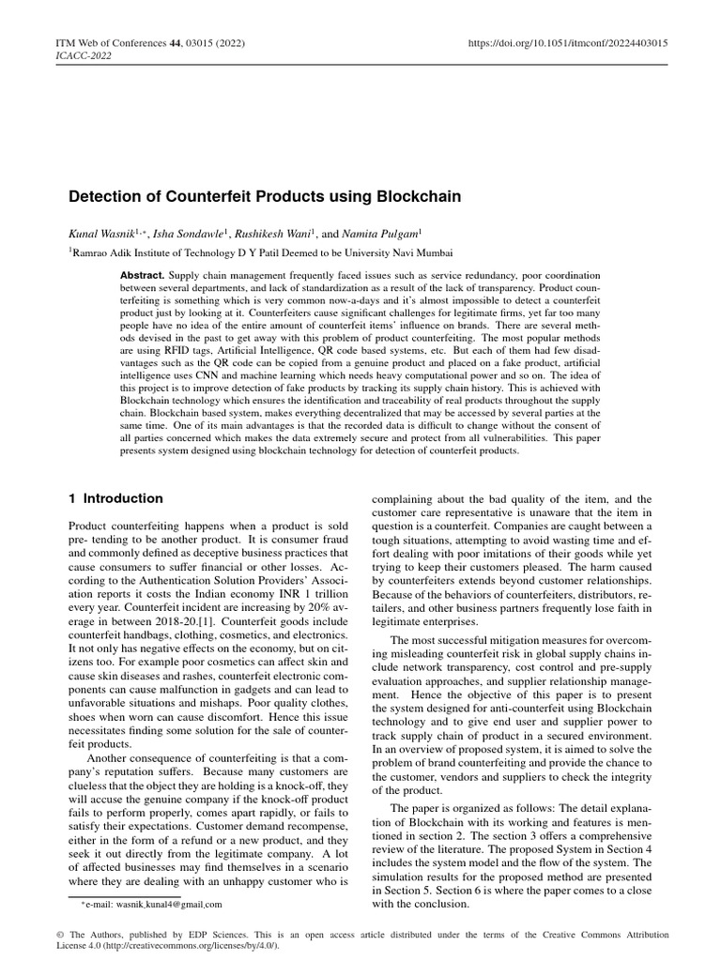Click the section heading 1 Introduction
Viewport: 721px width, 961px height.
pyautogui.click(x=116, y=498)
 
